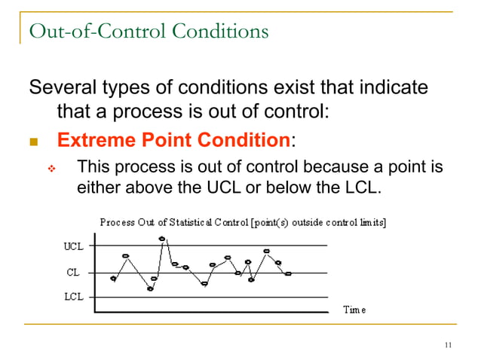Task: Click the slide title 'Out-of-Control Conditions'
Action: point(148,32)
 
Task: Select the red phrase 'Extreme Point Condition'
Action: point(173,140)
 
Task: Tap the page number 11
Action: point(449,346)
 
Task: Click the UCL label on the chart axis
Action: point(73,246)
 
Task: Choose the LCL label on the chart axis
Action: point(73,297)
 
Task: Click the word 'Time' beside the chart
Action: point(354,310)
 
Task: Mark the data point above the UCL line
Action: point(162,239)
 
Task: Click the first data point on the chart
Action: point(114,279)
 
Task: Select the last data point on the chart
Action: point(288,274)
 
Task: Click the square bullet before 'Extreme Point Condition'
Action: point(33,142)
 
